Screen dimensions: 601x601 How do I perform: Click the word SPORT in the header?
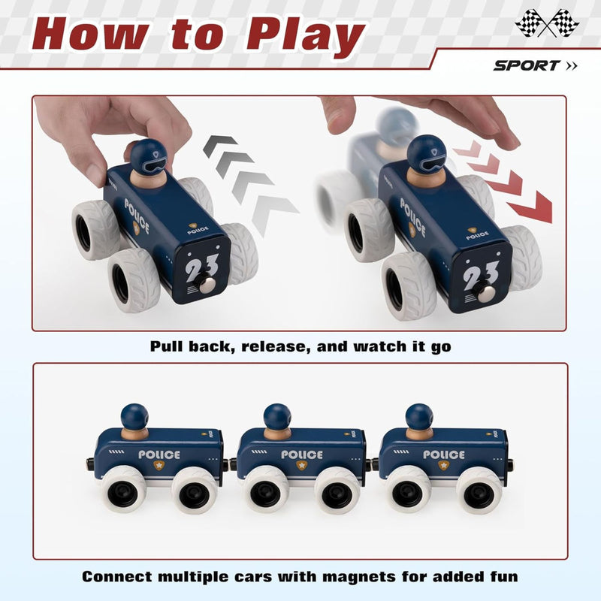click(527, 65)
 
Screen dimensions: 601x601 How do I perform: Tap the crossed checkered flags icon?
click(547, 23)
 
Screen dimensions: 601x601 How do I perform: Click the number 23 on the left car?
click(201, 267)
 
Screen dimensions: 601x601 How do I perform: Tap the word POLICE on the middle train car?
click(302, 455)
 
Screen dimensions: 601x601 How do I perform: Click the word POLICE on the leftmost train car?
click(159, 455)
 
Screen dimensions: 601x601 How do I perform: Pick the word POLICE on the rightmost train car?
click(444, 455)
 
